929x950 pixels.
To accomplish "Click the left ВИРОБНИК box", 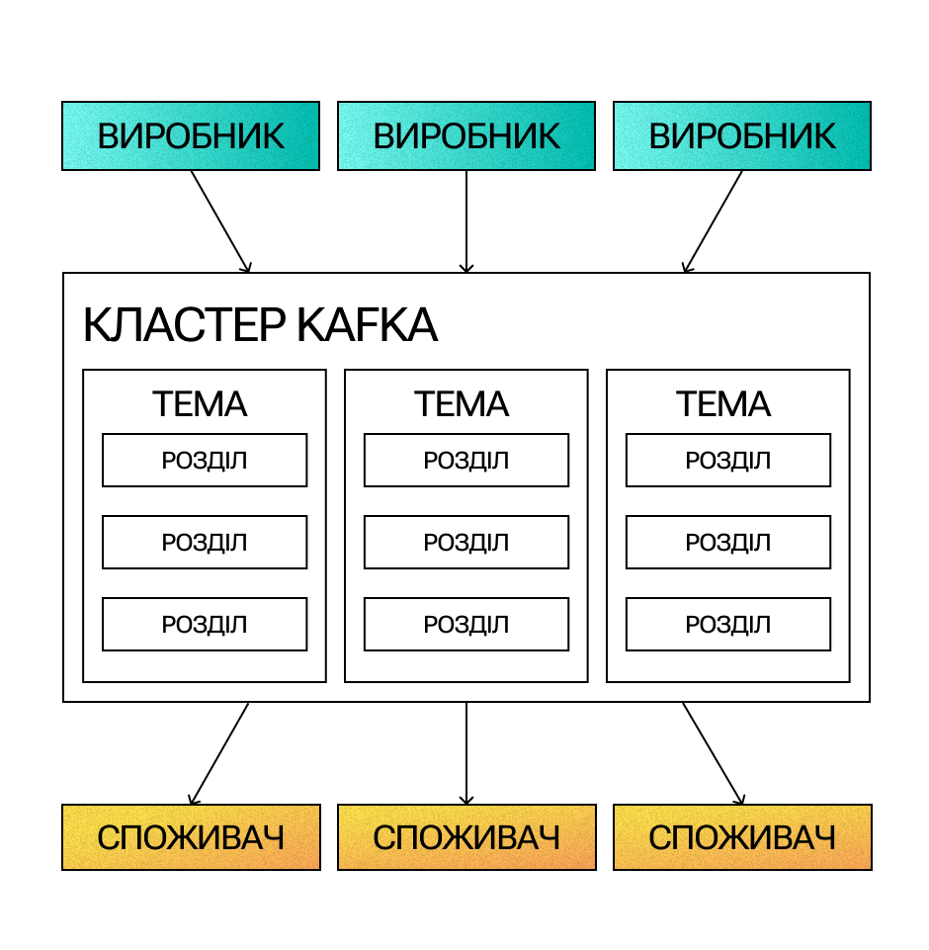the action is point(191,135).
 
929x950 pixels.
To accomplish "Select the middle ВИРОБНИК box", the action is point(466,135).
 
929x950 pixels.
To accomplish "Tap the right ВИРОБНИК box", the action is point(742,135).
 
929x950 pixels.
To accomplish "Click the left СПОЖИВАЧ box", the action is point(191,837).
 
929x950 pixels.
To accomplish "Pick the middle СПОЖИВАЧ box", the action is point(466,837).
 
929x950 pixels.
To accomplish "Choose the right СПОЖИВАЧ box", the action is point(742,837).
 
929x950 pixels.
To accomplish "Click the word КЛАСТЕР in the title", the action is point(184,325).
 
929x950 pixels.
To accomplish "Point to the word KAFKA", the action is point(368,325).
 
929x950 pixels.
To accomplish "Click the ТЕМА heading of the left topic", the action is point(200,404).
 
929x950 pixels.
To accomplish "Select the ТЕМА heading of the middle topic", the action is point(462,404).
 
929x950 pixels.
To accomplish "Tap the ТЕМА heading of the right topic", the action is point(723,404).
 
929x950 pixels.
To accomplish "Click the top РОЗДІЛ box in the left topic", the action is point(205,461).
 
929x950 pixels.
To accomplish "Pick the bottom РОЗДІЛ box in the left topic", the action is point(205,624).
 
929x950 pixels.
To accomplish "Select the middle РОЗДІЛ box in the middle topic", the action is point(466,543).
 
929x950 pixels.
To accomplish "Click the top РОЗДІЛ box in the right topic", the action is point(728,461).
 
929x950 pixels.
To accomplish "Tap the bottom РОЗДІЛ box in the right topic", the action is point(728,624).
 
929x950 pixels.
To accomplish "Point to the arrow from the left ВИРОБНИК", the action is point(220,221).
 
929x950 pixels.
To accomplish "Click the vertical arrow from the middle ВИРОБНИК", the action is point(466,221).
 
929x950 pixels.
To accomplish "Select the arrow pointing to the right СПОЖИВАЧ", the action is point(714,753).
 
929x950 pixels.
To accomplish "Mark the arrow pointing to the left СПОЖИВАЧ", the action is point(218,753).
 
